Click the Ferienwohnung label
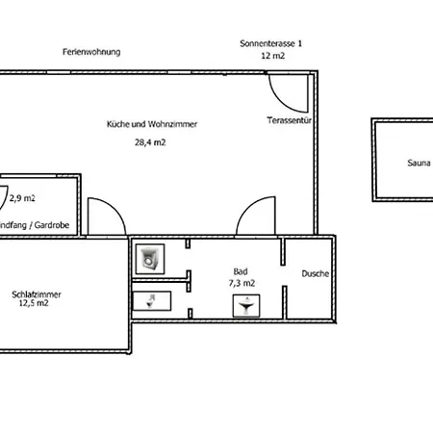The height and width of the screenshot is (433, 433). click(91, 51)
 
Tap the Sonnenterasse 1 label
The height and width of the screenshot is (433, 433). click(271, 43)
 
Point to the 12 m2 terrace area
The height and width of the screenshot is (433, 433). click(271, 57)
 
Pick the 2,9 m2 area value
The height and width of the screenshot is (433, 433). click(22, 198)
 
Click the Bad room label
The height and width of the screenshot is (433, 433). click(241, 272)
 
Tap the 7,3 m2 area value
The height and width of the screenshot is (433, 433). click(242, 284)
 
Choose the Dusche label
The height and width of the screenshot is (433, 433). click(315, 273)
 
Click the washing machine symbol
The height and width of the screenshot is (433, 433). click(150, 257)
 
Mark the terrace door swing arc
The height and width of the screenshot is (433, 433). click(284, 91)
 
